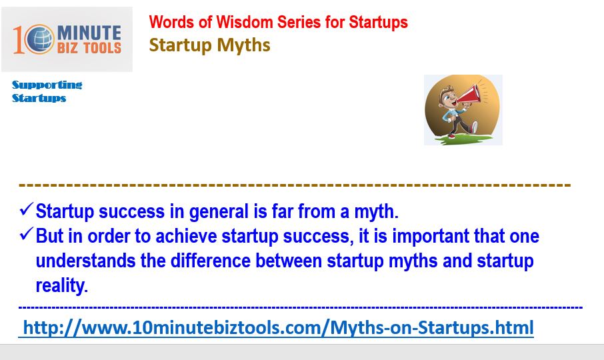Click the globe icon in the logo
pos(41,39)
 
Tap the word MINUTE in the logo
pos(89,33)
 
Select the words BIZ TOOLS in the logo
pos(89,48)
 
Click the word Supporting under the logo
pos(47,85)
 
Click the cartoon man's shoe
pos(473,127)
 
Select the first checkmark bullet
pos(26,209)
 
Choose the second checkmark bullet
pos(26,234)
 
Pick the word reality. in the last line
pos(62,286)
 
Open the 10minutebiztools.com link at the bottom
pos(278,328)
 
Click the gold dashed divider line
pos(295,185)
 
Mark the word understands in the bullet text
pos(85,261)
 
